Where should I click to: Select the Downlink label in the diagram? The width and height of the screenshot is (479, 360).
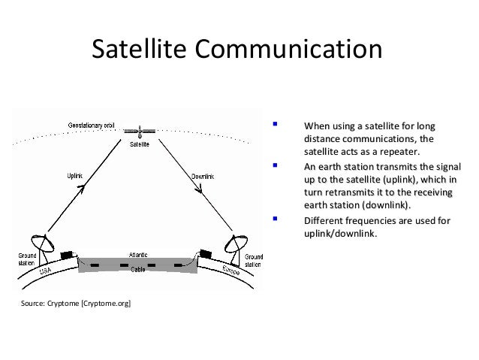[x=203, y=177]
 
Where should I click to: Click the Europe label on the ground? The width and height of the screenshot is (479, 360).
[x=230, y=271]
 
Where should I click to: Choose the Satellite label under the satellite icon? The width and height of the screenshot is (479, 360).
[x=139, y=144]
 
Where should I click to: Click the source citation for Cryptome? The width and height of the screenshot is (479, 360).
[x=68, y=304]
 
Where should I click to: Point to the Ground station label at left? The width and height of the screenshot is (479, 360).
[x=27, y=260]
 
